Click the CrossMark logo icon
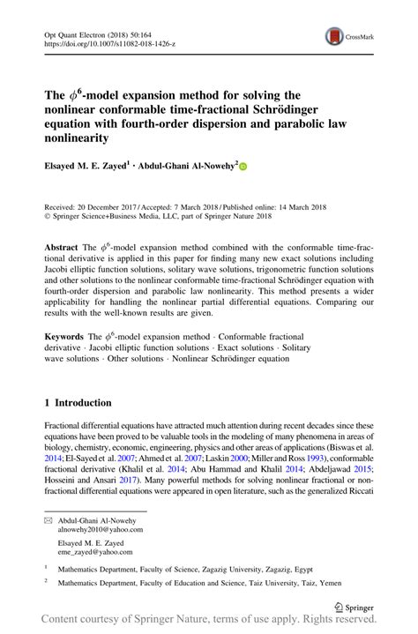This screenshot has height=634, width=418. [336, 36]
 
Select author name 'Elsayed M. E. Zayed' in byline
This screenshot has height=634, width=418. [93, 165]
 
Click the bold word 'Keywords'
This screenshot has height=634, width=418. [65, 337]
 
